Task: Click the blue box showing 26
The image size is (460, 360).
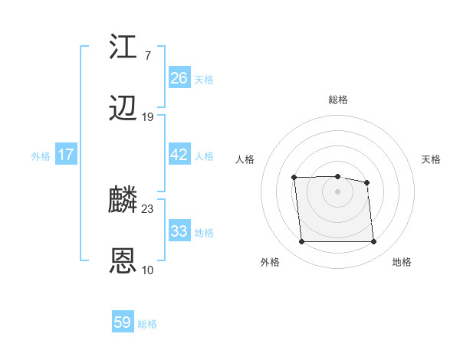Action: [x=179, y=78]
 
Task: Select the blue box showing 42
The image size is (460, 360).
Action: [x=179, y=155]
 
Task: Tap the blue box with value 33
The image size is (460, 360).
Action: [x=179, y=231]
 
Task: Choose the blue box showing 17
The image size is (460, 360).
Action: [x=66, y=155]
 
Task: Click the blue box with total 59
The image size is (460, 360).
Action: [x=122, y=322]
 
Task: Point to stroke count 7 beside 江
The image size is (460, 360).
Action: [x=147, y=55]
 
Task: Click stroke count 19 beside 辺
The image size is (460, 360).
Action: [x=148, y=117]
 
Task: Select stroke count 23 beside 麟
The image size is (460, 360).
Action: [x=148, y=208]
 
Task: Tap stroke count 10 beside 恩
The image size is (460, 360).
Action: [x=148, y=270]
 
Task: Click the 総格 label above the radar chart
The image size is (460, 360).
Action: [x=338, y=100]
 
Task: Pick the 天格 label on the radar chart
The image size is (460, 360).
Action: [x=432, y=159]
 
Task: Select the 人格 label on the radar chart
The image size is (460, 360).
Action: [x=245, y=159]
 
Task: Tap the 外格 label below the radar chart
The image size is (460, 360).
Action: [x=270, y=263]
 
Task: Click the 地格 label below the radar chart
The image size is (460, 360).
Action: [x=402, y=263]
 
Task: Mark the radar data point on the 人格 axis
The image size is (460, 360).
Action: [x=294, y=178]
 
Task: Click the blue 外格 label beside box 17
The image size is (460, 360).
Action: [x=41, y=155]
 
